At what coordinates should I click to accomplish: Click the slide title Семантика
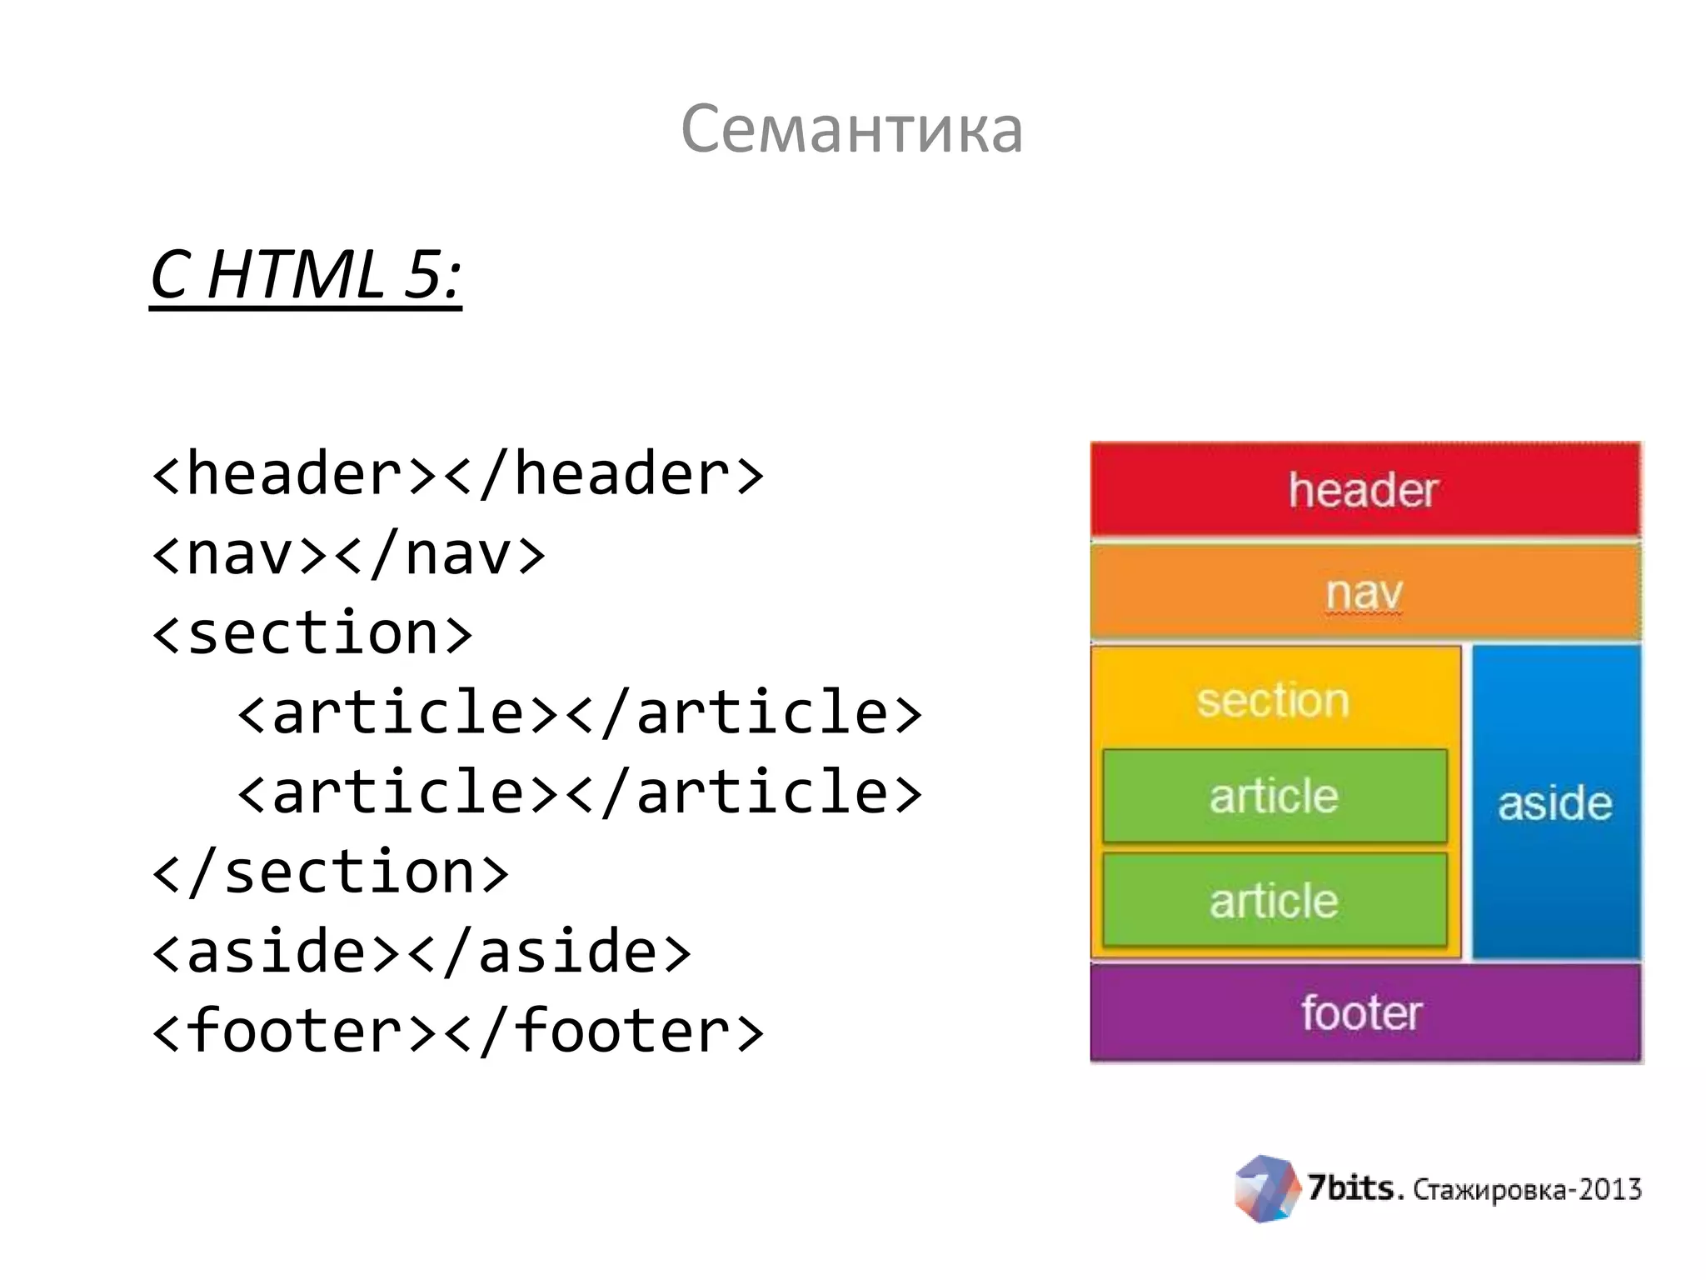click(x=851, y=129)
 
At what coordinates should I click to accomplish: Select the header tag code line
click(x=457, y=474)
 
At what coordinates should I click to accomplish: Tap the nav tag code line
click(x=348, y=554)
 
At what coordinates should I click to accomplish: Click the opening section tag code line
click(x=312, y=633)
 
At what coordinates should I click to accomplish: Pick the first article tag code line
click(x=580, y=713)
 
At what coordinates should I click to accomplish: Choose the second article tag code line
click(x=580, y=792)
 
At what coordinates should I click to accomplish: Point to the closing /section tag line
click(x=330, y=872)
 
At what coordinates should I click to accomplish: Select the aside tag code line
click(x=422, y=952)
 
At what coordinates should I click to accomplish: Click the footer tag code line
click(x=457, y=1032)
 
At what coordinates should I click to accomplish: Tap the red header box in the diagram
click(x=1364, y=489)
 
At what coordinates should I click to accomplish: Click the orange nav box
click(x=1364, y=592)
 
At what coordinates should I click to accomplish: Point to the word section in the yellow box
click(x=1273, y=700)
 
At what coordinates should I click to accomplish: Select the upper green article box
click(x=1275, y=796)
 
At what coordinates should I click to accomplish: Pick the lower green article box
click(x=1275, y=900)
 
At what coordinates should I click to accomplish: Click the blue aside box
click(x=1555, y=802)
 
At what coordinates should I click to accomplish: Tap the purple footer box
click(x=1364, y=1012)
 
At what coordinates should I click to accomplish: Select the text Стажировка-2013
click(x=1527, y=1190)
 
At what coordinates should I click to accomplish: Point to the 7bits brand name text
click(x=1355, y=1188)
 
